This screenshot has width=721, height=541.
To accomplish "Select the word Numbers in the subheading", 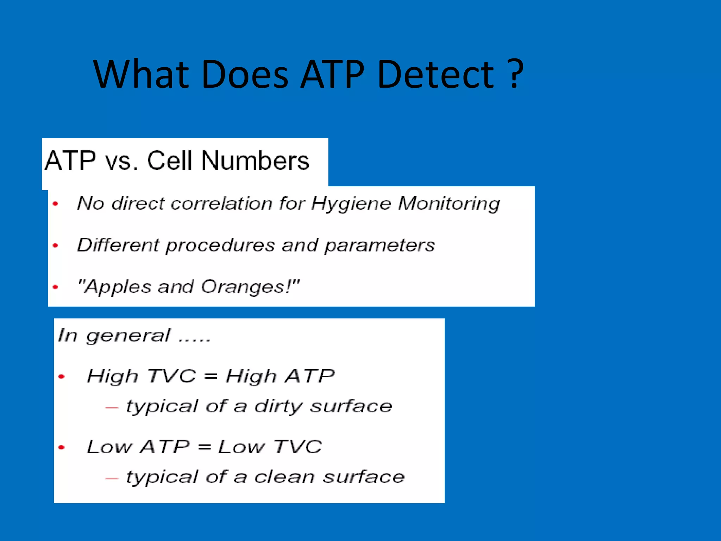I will [x=255, y=161].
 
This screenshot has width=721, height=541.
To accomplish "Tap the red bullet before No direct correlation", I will [x=55, y=204].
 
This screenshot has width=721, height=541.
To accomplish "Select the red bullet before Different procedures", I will [x=55, y=245].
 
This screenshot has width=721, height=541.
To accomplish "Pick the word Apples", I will [x=118, y=287].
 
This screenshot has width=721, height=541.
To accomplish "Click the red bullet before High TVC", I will [x=62, y=377].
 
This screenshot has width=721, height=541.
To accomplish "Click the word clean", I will [x=284, y=478].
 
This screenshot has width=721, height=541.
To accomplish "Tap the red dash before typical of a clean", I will [x=112, y=478].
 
